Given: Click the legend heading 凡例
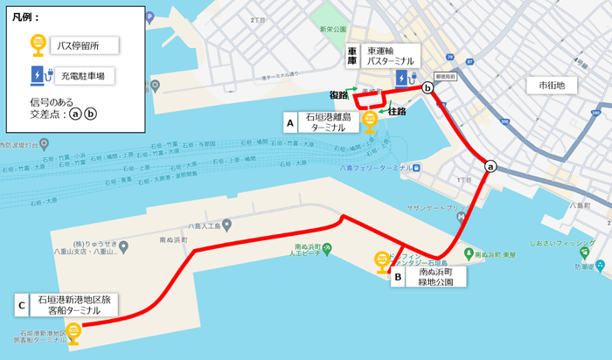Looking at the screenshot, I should [x=26, y=17].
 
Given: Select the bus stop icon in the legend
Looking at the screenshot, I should [x=39, y=44].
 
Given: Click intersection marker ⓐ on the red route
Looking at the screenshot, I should [x=490, y=166].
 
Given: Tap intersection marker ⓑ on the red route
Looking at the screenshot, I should [x=428, y=87].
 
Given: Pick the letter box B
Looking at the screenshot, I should [x=398, y=278].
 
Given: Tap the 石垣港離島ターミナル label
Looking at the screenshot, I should [x=329, y=121].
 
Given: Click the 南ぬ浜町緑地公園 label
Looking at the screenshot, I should [x=442, y=278].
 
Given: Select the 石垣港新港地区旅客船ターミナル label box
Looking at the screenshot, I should [x=73, y=305].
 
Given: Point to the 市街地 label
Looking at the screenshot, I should [x=552, y=85].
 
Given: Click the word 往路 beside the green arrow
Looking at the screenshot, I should [x=397, y=112].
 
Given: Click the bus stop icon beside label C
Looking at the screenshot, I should [x=74, y=331].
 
